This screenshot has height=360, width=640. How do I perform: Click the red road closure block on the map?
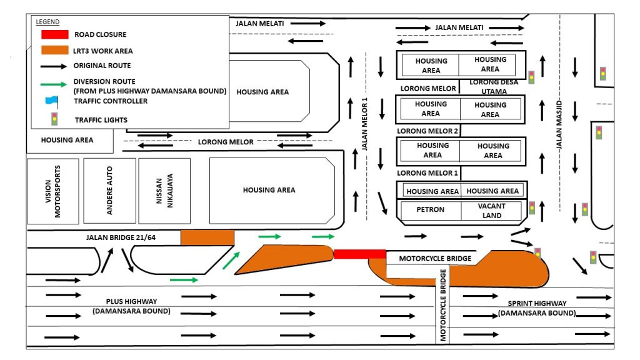359,254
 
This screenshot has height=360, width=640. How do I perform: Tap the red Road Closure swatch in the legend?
55,34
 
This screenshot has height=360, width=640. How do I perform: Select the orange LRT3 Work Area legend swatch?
55,50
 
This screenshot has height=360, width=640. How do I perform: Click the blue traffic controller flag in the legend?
52,101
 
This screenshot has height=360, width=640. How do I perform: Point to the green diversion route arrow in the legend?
54,84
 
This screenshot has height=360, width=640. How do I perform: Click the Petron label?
430,209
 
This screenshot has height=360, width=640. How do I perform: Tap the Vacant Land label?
492,211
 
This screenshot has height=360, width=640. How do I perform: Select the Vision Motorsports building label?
52,191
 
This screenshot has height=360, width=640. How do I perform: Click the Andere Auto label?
109,190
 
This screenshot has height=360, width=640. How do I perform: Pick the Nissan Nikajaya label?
164,191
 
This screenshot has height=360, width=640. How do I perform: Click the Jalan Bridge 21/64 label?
121,237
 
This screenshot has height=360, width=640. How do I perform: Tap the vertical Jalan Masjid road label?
559,124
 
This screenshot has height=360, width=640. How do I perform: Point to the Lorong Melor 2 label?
427,131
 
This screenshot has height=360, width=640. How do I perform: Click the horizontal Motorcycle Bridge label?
435,258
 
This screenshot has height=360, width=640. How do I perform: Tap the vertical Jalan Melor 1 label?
364,124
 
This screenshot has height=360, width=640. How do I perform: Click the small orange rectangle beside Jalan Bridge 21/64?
207,237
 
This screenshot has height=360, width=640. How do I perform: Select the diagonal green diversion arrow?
231,261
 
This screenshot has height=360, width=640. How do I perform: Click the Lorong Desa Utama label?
494,86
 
